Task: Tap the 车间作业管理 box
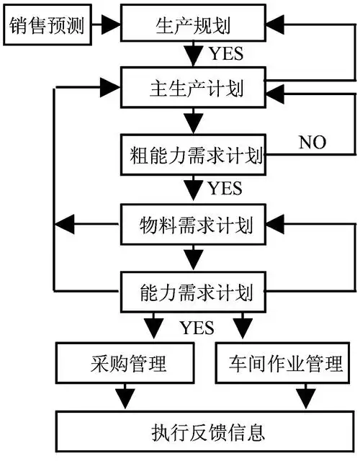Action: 284,363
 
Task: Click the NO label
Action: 312,142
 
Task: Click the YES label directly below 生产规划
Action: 226,54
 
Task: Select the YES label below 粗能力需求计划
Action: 225,189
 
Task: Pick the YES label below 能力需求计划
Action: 197,328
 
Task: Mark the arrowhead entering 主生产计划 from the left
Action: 110,89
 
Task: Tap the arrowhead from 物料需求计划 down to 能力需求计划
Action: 194,257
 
